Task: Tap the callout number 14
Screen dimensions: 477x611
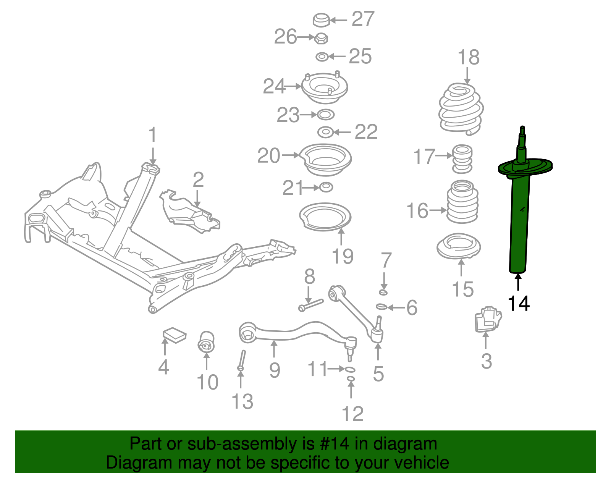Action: pyautogui.click(x=519, y=304)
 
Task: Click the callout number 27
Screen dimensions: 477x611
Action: pyautogui.click(x=363, y=19)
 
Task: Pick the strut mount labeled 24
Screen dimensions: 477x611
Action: pyautogui.click(x=325, y=89)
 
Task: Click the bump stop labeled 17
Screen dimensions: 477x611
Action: pyautogui.click(x=462, y=158)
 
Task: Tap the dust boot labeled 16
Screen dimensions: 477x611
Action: pyautogui.click(x=462, y=202)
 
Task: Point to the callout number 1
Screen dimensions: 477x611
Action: pyautogui.click(x=153, y=135)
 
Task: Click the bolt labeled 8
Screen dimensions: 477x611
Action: pyautogui.click(x=311, y=305)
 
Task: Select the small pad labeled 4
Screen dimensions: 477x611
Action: pyautogui.click(x=175, y=335)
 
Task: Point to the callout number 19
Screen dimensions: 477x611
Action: pyautogui.click(x=343, y=256)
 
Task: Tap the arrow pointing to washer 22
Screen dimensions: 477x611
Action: pyautogui.click(x=342, y=133)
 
